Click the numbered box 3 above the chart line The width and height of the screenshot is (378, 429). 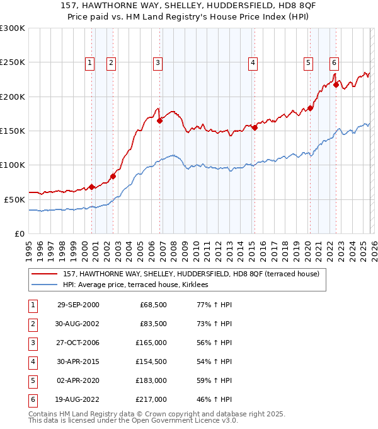coord(157,62)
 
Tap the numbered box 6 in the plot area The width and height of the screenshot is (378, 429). coord(333,62)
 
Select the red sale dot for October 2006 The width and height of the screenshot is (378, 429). coord(160,120)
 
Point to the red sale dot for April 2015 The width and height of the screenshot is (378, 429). coord(255,128)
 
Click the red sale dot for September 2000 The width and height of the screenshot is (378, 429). coord(92,186)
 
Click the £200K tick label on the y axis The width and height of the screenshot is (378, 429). coord(13,97)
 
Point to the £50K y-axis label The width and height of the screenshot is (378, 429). coord(14,199)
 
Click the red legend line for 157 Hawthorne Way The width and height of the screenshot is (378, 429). coord(45,274)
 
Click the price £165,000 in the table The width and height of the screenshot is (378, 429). coord(152,343)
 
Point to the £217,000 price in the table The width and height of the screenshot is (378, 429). coord(152,399)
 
